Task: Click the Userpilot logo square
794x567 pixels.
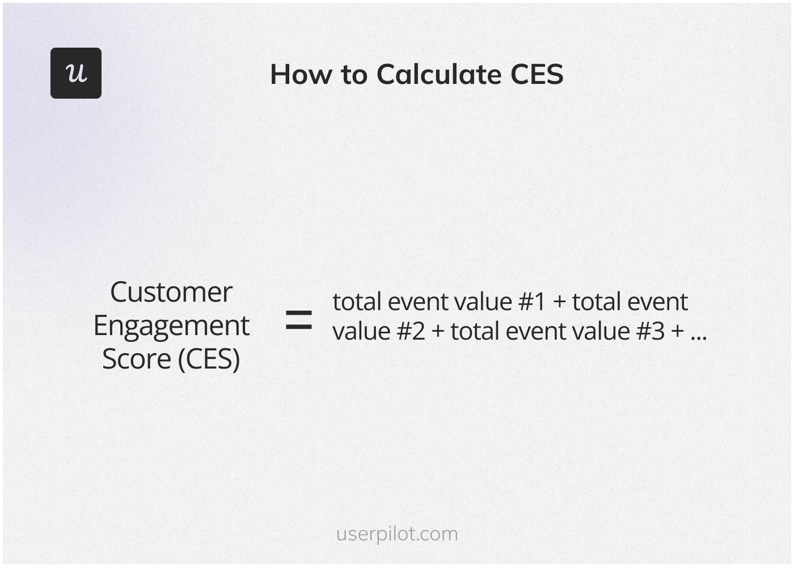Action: coord(76,73)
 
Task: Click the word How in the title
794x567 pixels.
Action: coord(301,74)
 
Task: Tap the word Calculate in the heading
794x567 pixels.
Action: coord(438,74)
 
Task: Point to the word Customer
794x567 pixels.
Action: coord(171,293)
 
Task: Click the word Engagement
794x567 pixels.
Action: coord(171,327)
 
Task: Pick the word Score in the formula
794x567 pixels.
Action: coord(137,359)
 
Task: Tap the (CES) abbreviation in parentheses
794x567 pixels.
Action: coord(209,359)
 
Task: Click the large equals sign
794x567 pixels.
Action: coord(298,319)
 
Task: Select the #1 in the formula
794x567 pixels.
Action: coord(531,302)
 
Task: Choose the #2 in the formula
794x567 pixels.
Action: coord(411,332)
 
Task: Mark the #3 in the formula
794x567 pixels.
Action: coord(650,332)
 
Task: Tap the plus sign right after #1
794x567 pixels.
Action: coord(559,302)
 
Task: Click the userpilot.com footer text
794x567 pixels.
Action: coord(397,534)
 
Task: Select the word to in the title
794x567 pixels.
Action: coord(354,74)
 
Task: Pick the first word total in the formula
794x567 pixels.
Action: coord(356,302)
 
